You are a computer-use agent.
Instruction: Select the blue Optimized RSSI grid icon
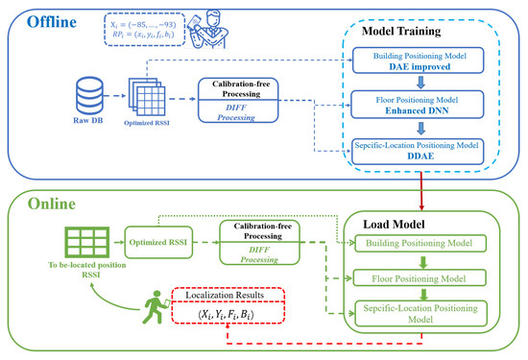click(146, 94)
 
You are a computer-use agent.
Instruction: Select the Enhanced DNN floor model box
click(424, 105)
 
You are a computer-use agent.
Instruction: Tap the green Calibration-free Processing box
click(259, 240)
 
